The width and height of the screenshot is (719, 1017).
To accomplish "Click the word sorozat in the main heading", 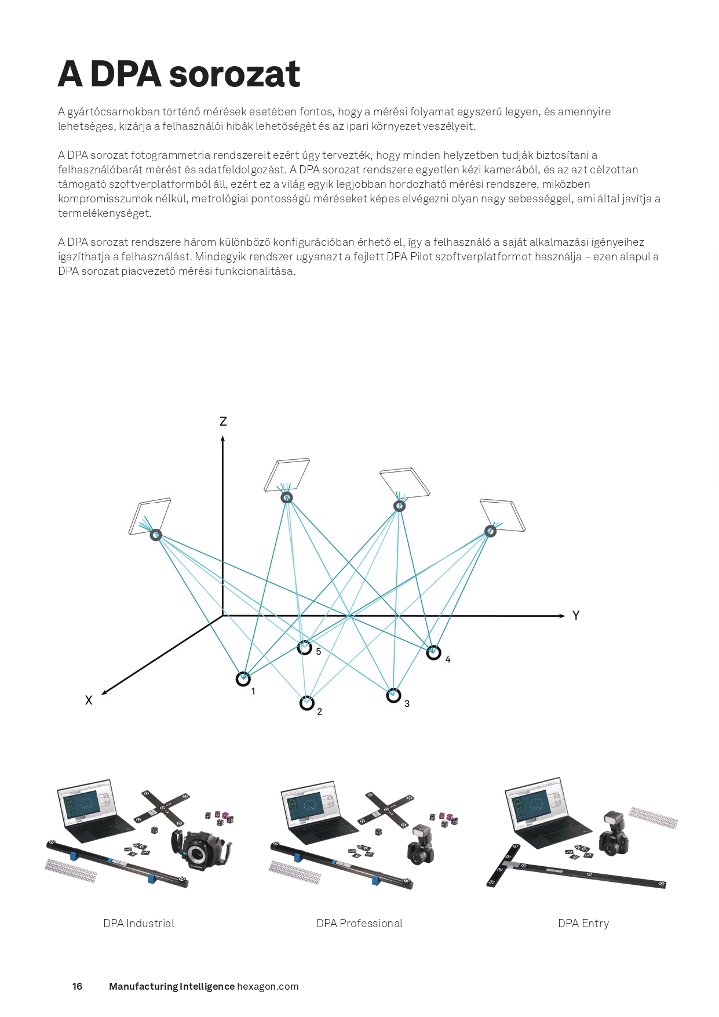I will pyautogui.click(x=235, y=74).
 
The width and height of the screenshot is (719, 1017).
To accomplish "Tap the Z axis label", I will pyautogui.click(x=223, y=422).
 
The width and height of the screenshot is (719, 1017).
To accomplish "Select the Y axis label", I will pyautogui.click(x=575, y=616).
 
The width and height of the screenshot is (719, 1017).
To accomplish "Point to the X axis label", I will pyautogui.click(x=89, y=700).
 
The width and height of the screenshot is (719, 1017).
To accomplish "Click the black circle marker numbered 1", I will pyautogui.click(x=243, y=679).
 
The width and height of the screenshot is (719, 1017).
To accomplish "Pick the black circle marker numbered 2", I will pyautogui.click(x=306, y=703).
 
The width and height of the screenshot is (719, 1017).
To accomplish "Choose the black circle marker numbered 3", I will pyautogui.click(x=393, y=696).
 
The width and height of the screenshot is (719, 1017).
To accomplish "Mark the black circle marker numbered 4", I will pyautogui.click(x=433, y=653).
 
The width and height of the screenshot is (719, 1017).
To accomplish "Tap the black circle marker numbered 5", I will pyautogui.click(x=305, y=648).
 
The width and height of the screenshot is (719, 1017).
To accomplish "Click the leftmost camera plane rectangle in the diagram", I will pyautogui.click(x=149, y=515).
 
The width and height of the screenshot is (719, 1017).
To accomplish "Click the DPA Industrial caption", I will pyautogui.click(x=138, y=924).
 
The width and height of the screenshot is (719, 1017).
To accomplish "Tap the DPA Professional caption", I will pyautogui.click(x=359, y=924).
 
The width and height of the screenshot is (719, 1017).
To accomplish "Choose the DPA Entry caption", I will pyautogui.click(x=583, y=924).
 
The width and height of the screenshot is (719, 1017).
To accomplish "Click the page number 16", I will pyautogui.click(x=77, y=986).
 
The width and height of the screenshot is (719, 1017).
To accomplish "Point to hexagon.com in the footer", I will pyautogui.click(x=268, y=986).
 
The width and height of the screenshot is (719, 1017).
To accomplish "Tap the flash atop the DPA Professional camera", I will pyautogui.click(x=421, y=834).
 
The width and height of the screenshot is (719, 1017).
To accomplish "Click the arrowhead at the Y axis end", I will pyautogui.click(x=561, y=616).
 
